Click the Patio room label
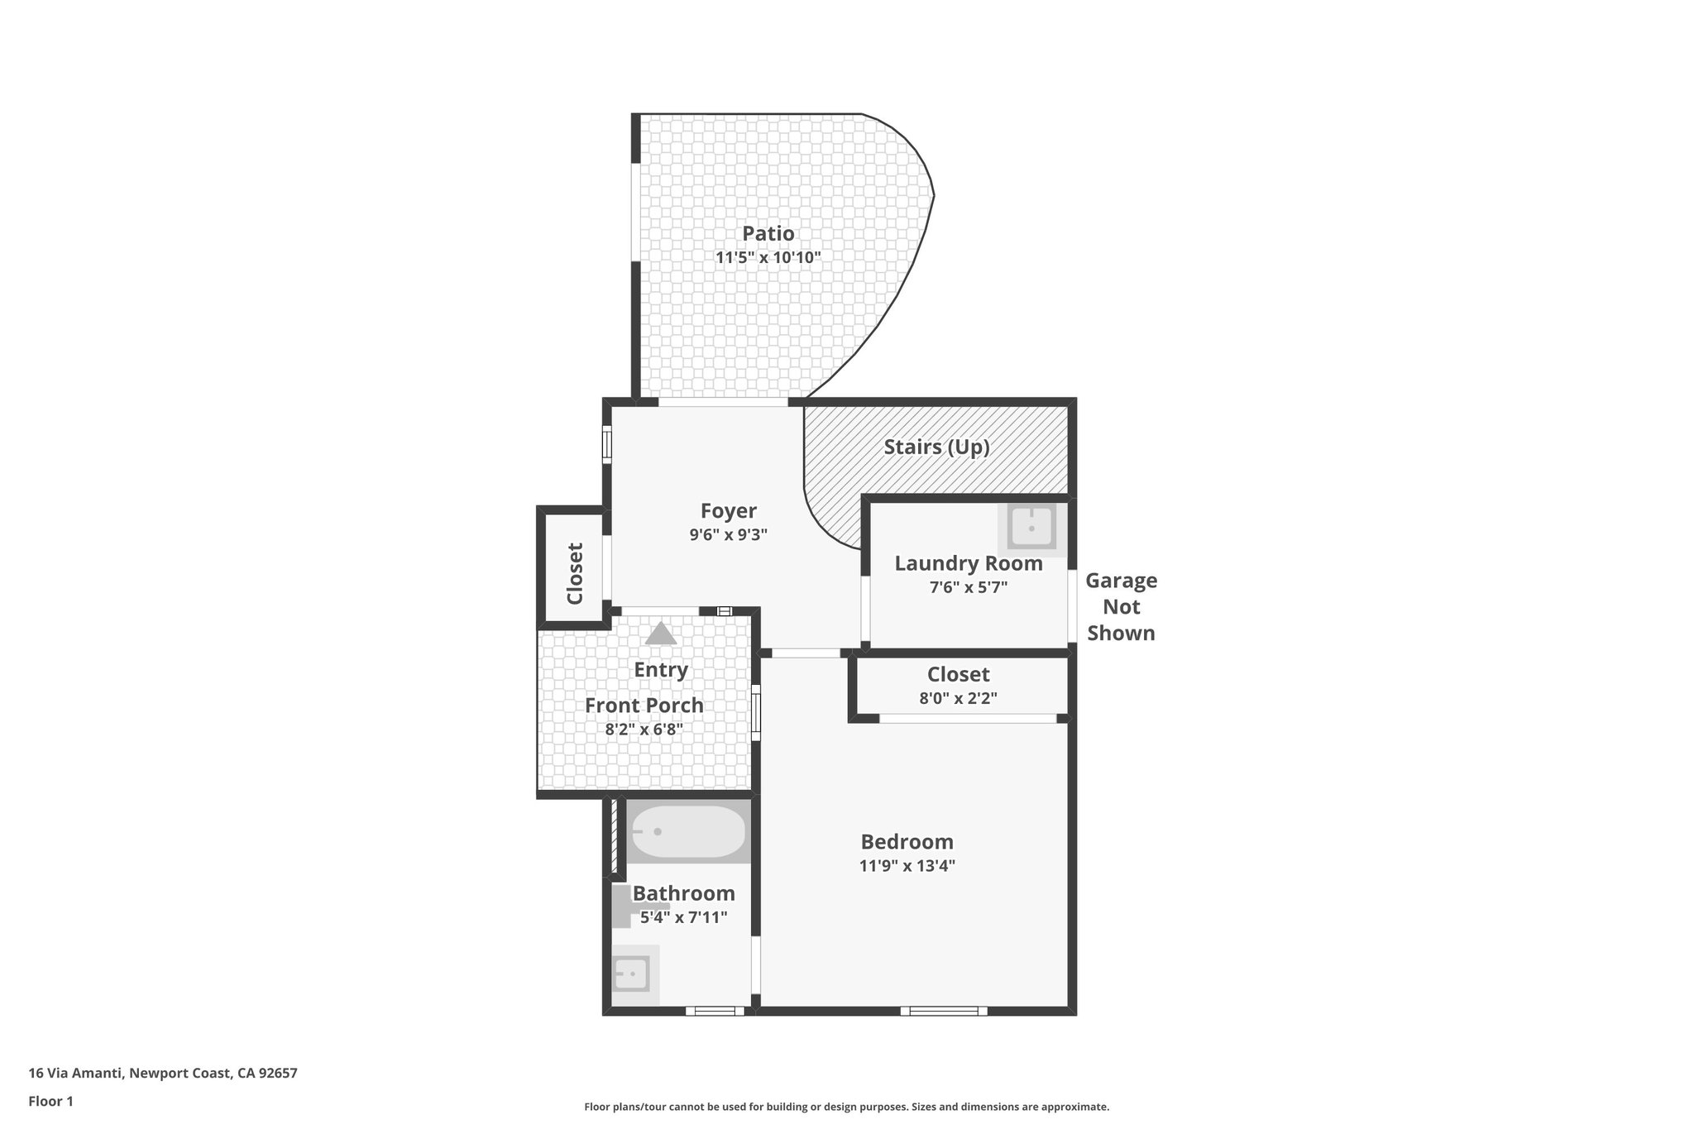pyautogui.click(x=768, y=233)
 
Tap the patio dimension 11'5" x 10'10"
pyautogui.click(x=768, y=257)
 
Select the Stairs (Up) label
pyautogui.click(x=936, y=447)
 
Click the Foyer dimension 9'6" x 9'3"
pyautogui.click(x=728, y=535)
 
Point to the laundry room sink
pyautogui.click(x=1031, y=526)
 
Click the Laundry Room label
pyautogui.click(x=968, y=563)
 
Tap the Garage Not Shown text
pyautogui.click(x=1121, y=606)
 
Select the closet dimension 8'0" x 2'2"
pyautogui.click(x=958, y=698)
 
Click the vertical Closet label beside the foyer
pyautogui.click(x=575, y=573)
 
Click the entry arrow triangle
pyautogui.click(x=660, y=634)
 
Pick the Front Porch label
pyautogui.click(x=644, y=706)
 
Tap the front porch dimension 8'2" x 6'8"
pyautogui.click(x=644, y=730)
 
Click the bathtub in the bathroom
pyautogui.click(x=688, y=831)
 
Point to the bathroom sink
pyautogui.click(x=632, y=974)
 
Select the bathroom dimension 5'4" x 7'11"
pyautogui.click(x=683, y=917)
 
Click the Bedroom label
pyautogui.click(x=907, y=842)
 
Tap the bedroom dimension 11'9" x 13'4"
pyautogui.click(x=907, y=866)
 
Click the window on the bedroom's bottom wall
pyautogui.click(x=943, y=1010)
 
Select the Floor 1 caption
pyautogui.click(x=50, y=1101)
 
